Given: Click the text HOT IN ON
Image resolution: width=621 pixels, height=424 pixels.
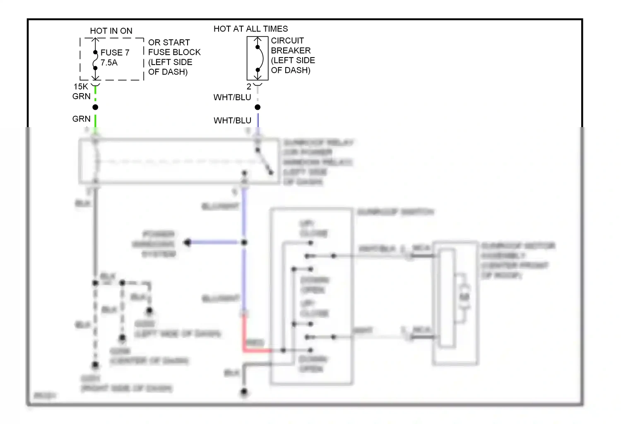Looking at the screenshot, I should click(111, 31).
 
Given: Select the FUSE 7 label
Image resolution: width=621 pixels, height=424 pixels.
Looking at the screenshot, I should click(115, 53).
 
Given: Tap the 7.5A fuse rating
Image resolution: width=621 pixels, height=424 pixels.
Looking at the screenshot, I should click(109, 63).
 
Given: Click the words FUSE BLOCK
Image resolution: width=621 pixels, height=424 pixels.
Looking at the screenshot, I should click(174, 52).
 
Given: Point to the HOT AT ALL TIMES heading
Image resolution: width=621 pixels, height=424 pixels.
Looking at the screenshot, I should click(250, 29).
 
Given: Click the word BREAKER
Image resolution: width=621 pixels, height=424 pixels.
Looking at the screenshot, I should click(291, 51).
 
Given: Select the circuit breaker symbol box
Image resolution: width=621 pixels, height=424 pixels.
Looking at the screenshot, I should click(258, 58).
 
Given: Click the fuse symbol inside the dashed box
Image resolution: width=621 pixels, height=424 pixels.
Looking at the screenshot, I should click(95, 60).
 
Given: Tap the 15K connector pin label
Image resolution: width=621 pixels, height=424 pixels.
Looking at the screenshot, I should click(81, 87).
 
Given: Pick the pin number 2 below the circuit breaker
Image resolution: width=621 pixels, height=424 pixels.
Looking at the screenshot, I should click(249, 87).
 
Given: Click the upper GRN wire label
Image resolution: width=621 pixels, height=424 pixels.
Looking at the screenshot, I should click(81, 96).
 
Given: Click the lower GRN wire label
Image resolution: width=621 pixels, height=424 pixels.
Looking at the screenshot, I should click(81, 119).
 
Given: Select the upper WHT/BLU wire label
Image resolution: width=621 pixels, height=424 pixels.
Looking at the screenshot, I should click(232, 97).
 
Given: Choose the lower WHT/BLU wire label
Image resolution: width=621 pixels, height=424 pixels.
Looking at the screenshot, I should click(232, 120).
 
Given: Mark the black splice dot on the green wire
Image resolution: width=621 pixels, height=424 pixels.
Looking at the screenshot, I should click(95, 107).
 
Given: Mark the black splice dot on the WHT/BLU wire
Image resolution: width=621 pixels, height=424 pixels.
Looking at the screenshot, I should click(258, 107).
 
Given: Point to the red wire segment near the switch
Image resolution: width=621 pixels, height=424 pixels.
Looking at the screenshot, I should click(255, 350).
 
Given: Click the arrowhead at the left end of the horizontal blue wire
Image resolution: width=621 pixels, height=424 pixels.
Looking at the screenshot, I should click(188, 242).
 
